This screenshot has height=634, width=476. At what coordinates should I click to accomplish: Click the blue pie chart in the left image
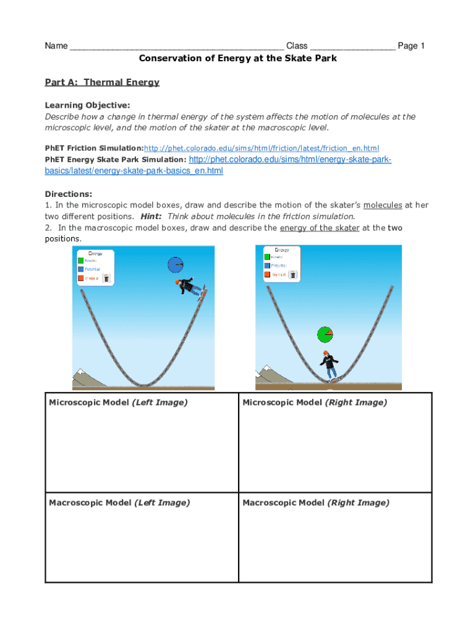pyautogui.click(x=176, y=265)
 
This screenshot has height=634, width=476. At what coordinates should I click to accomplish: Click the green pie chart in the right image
pyautogui.click(x=325, y=335)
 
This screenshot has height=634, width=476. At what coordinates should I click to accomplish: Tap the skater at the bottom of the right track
pyautogui.click(x=329, y=366)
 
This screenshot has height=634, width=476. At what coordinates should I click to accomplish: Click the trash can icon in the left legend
pyautogui.click(x=107, y=279)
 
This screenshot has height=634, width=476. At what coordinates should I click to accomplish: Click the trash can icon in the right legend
pyautogui.click(x=293, y=274)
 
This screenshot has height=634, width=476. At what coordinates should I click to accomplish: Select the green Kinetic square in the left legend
pyautogui.click(x=81, y=261)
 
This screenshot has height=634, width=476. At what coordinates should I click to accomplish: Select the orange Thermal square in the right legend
pyautogui.click(x=267, y=274)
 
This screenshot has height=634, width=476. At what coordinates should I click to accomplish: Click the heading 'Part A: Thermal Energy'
pyautogui.click(x=102, y=82)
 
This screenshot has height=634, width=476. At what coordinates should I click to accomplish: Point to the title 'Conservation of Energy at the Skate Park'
pyautogui.click(x=237, y=58)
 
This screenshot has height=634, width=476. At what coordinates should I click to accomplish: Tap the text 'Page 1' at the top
pyautogui.click(x=411, y=46)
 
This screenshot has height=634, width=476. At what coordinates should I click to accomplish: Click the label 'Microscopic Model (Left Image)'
pyautogui.click(x=118, y=402)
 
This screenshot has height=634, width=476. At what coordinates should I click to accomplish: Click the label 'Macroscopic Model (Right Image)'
pyautogui.click(x=316, y=503)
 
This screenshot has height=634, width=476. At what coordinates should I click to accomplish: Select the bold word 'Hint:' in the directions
pyautogui.click(x=151, y=217)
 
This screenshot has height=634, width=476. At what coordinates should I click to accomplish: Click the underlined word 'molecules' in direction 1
pyautogui.click(x=383, y=205)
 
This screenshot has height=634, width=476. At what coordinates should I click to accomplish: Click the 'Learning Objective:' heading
pyautogui.click(x=87, y=105)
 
